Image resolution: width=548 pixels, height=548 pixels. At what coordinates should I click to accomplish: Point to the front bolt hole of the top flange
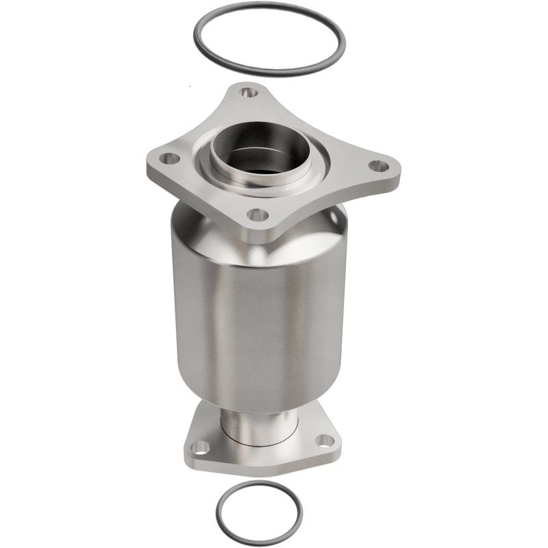[x=257, y=215]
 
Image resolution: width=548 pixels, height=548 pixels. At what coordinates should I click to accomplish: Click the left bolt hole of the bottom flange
[x=201, y=447]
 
